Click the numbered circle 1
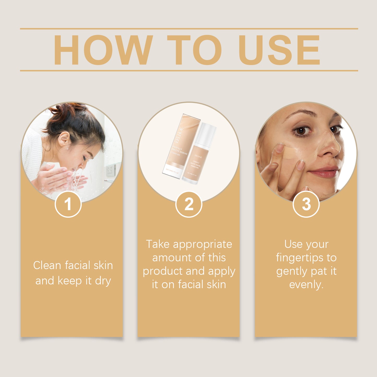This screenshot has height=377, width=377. [x=68, y=204]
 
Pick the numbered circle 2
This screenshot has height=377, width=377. [x=189, y=204]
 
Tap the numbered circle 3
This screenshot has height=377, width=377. [x=306, y=204]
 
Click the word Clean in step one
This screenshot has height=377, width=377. [x=47, y=265]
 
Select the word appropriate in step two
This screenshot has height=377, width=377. [x=202, y=244]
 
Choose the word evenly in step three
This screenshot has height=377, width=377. [x=306, y=285]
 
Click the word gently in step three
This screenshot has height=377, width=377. [x=292, y=271]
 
